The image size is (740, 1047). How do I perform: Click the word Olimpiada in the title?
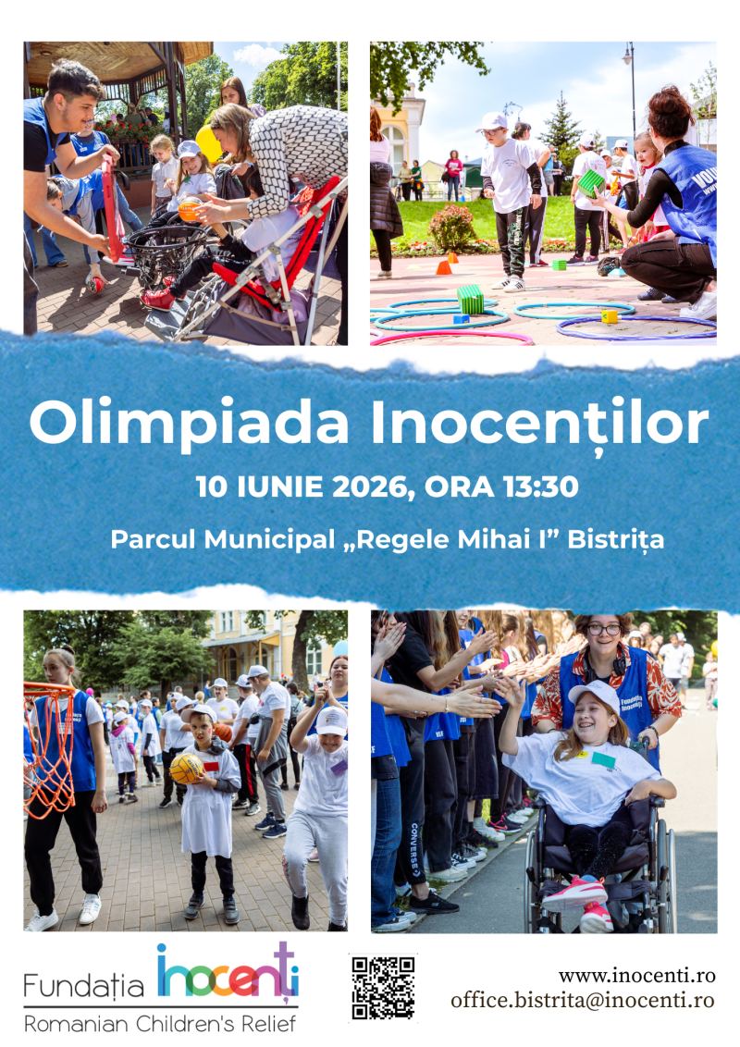point(189,423)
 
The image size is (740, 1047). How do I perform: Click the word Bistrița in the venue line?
point(616,540)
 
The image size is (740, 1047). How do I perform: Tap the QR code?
point(383,988)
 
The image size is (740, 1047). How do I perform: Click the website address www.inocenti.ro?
point(637,976)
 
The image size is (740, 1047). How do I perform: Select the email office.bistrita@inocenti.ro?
point(583,1000)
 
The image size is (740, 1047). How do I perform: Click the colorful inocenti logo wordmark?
point(228,972)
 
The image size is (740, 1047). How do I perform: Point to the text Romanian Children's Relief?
point(160,1024)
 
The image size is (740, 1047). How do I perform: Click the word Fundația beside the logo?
point(84,986)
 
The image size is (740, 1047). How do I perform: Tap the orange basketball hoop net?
point(49,748)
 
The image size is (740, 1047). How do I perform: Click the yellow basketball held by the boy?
point(186,769)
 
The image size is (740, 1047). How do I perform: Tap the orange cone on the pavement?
point(443,267)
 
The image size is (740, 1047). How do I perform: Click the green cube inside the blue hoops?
point(470,299)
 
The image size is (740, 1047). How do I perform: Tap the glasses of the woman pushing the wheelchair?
point(604,629)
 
